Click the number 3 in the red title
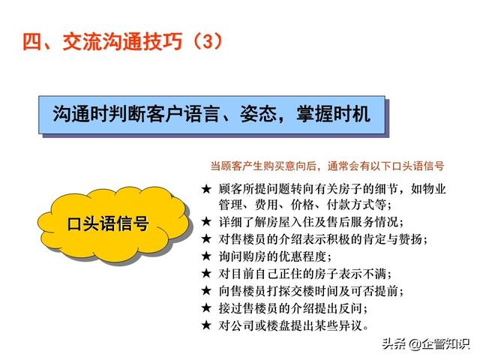click(207, 41)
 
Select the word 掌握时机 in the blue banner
click(333, 114)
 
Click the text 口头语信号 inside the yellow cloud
click(108, 223)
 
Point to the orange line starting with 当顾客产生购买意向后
click(327, 166)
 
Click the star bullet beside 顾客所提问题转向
click(206, 189)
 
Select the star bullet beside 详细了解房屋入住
click(206, 222)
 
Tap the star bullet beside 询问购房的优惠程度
click(206, 256)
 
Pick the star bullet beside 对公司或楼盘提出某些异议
click(206, 325)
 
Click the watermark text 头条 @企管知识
click(426, 343)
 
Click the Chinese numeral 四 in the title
click(31, 41)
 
